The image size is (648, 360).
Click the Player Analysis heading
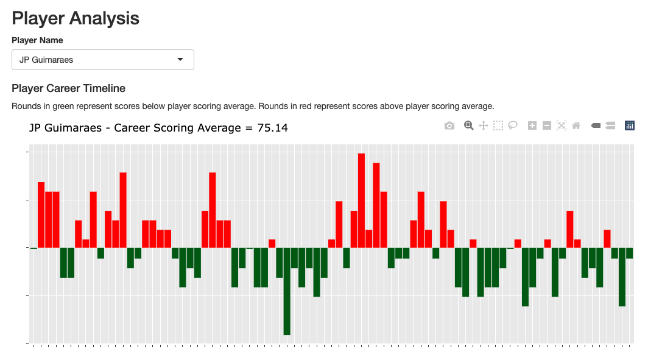[x=76, y=18]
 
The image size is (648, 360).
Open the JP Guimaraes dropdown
[x=102, y=60]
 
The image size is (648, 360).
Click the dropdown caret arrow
[x=180, y=60]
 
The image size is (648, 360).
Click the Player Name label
[x=37, y=40]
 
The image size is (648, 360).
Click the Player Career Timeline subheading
[x=68, y=88]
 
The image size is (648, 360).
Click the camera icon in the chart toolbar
[x=449, y=125]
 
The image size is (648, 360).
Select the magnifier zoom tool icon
[x=469, y=125]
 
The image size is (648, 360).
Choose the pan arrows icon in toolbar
[x=484, y=125]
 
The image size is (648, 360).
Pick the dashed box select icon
[x=498, y=125]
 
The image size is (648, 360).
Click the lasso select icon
[x=513, y=125]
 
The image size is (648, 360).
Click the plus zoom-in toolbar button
[x=532, y=125]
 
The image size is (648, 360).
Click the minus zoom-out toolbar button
[x=547, y=125]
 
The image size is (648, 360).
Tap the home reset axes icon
[x=576, y=125]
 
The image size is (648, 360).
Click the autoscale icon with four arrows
[x=562, y=125]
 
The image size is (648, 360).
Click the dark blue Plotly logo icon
[x=630, y=125]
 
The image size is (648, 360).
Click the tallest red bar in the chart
[x=361, y=201]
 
